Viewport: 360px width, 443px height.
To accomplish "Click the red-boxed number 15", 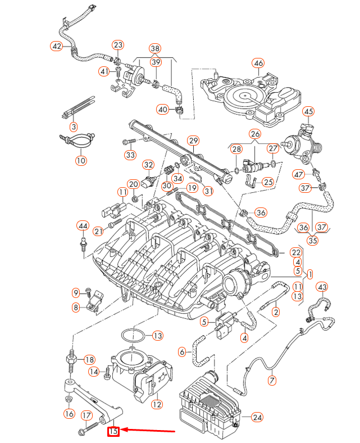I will click(x=113, y=431).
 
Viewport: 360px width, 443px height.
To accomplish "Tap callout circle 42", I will click(x=57, y=46).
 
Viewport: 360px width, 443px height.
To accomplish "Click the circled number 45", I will click(x=309, y=112).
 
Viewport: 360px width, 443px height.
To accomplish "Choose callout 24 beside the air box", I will click(x=257, y=417).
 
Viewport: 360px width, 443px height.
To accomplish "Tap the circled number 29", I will click(x=193, y=140).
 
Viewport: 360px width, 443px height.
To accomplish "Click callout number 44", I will click(x=83, y=225).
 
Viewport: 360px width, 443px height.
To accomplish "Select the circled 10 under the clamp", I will click(x=81, y=161).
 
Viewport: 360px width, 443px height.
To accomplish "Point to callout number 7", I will click(x=272, y=381).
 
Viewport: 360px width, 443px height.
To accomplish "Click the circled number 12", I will click(x=157, y=403).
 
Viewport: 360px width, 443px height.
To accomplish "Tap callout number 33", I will click(x=130, y=155).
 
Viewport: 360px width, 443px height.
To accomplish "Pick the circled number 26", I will click(x=255, y=134).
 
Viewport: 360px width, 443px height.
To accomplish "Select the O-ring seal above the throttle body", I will click(x=133, y=336).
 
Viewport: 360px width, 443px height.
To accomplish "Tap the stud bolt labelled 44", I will click(x=83, y=243).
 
